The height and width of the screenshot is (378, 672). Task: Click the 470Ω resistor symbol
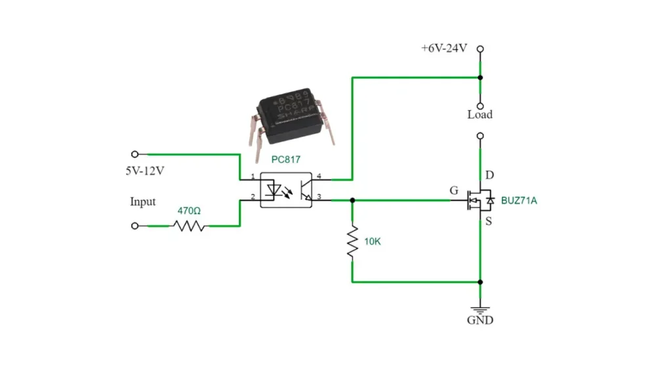(x=189, y=226)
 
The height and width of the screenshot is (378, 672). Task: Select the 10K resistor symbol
(x=352, y=241)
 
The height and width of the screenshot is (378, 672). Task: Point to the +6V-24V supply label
(x=444, y=49)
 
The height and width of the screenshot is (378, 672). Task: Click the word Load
(x=480, y=115)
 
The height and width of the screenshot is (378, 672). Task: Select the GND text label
(x=480, y=320)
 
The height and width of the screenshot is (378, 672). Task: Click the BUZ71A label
(x=518, y=200)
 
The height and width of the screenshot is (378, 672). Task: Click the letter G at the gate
(x=453, y=191)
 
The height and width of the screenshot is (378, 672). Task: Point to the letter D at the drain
(x=490, y=175)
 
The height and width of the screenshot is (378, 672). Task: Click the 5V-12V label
(x=145, y=171)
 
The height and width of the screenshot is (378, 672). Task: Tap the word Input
(x=142, y=201)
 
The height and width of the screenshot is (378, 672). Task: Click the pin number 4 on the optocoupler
(x=319, y=176)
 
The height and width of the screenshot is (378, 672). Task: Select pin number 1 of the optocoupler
(x=253, y=177)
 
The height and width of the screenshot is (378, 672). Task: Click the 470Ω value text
(x=189, y=211)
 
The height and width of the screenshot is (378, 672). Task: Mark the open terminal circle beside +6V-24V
(x=480, y=49)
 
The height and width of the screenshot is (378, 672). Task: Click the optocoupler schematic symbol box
(x=286, y=190)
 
